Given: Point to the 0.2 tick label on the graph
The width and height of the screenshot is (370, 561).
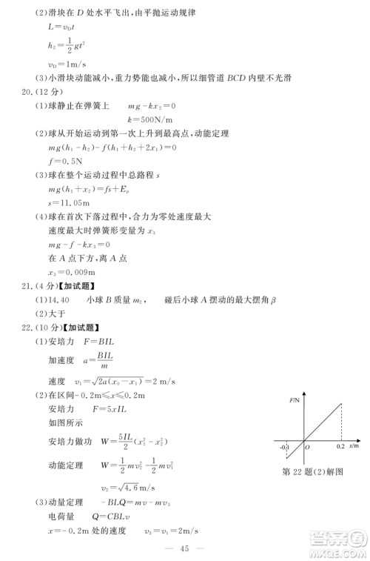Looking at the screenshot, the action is coord(340,448).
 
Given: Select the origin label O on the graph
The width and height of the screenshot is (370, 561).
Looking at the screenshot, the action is coord(306,448).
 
